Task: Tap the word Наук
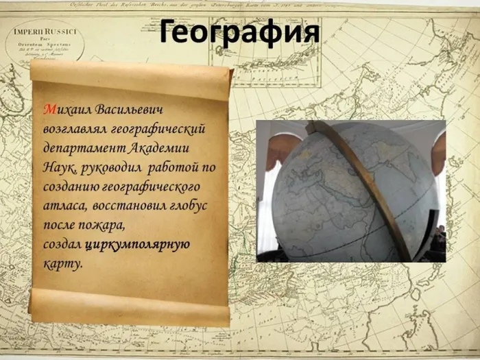point(58,167)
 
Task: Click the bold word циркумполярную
point(137,244)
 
